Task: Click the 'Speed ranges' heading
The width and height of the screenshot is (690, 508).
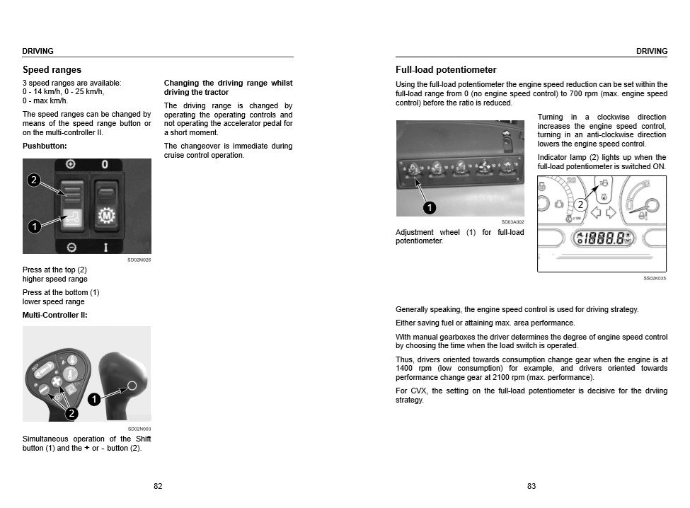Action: click(x=52, y=70)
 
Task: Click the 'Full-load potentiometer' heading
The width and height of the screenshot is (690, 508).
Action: click(x=446, y=70)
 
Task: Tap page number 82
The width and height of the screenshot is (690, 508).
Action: click(x=158, y=486)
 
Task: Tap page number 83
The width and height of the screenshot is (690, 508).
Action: click(x=531, y=486)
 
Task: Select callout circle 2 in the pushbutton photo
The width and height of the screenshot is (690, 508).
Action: click(x=33, y=180)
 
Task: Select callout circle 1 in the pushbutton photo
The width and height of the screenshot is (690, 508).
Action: click(x=33, y=226)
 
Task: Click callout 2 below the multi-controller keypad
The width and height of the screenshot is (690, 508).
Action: click(x=71, y=413)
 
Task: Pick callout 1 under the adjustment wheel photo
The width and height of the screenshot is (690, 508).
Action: click(x=429, y=207)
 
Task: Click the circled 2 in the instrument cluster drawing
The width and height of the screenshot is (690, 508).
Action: click(x=580, y=205)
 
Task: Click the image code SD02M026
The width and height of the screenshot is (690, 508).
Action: click(x=139, y=260)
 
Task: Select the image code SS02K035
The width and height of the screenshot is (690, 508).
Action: click(x=655, y=278)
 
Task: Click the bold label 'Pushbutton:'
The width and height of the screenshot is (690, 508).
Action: click(x=45, y=146)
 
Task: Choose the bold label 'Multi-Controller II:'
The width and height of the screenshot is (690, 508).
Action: click(x=55, y=315)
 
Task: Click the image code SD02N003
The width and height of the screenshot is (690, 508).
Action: click(x=139, y=429)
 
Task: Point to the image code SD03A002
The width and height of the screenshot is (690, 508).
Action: click(x=512, y=221)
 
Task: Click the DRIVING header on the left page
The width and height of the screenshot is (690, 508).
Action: click(x=38, y=51)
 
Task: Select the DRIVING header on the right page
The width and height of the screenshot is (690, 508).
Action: click(x=652, y=51)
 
